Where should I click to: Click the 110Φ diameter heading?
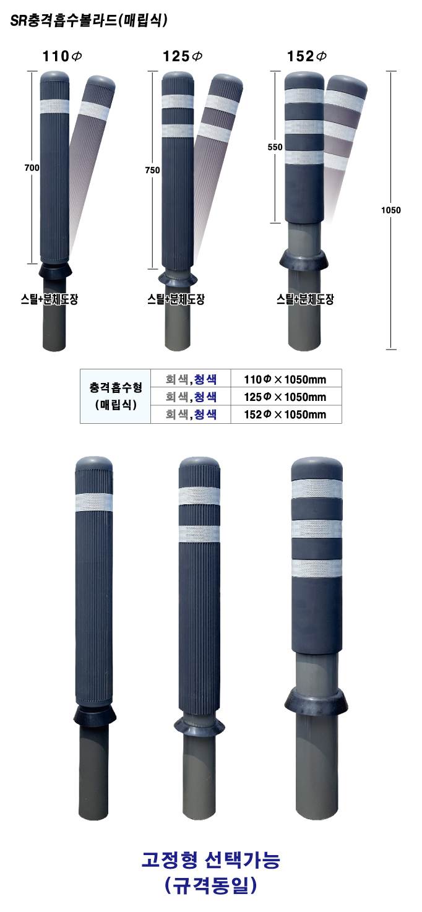tap(62, 56)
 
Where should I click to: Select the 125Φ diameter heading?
tap(183, 56)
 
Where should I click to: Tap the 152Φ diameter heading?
tap(307, 56)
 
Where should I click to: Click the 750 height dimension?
tap(152, 170)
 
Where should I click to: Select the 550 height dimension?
tap(275, 147)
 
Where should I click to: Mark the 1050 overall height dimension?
tap(391, 210)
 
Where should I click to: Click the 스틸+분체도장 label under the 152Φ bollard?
tap(305, 300)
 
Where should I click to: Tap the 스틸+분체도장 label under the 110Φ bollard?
tap(49, 300)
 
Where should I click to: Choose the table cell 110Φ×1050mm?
tap(285, 379)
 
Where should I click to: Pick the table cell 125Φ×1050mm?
tap(285, 397)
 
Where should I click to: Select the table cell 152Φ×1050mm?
tap(285, 415)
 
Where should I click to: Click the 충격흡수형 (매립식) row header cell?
tap(116, 397)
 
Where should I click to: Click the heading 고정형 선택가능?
tap(211, 859)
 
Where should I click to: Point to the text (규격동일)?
tap(211, 887)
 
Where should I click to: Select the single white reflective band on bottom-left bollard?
tap(93, 501)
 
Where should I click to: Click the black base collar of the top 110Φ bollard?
tap(55, 270)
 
